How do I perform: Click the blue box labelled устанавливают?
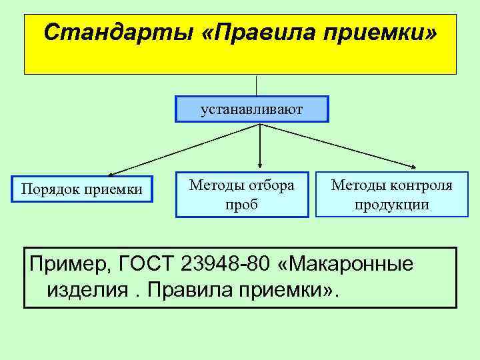click(252, 109)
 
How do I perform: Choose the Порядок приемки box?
click(81, 189)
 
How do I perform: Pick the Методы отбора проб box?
click(242, 195)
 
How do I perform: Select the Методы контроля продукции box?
click(391, 195)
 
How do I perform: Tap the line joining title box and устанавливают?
click(257, 85)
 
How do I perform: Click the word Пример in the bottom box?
click(63, 264)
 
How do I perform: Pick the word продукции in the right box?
click(391, 204)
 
